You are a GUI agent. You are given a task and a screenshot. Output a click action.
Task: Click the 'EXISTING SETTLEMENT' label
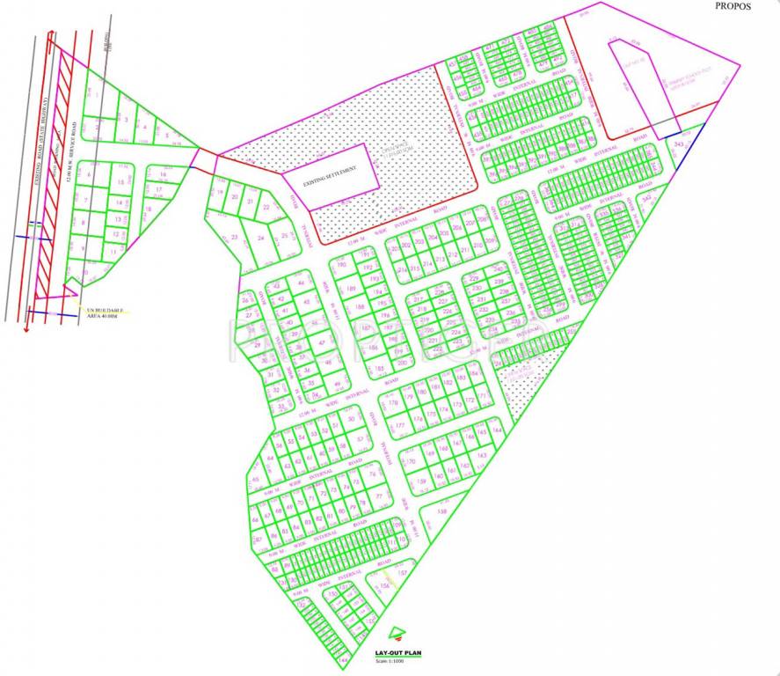(330, 176)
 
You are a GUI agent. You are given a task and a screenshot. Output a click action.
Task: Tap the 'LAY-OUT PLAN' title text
(398, 652)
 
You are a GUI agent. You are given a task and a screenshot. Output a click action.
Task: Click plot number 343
(680, 143)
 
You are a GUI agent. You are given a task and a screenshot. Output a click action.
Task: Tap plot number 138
(442, 511)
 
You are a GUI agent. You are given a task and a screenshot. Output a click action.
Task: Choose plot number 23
(235, 237)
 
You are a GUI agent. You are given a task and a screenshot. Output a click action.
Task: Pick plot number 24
(260, 238)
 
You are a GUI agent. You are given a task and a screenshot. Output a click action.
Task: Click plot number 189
(351, 290)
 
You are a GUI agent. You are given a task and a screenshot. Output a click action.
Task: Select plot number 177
(401, 425)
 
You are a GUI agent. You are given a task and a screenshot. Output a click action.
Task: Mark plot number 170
(410, 462)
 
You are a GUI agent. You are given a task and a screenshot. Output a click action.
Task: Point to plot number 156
(383, 587)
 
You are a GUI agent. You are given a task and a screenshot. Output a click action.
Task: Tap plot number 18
(159, 188)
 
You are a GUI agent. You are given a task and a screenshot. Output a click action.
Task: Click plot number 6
(89, 173)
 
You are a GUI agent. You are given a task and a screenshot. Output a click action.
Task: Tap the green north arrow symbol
(398, 632)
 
